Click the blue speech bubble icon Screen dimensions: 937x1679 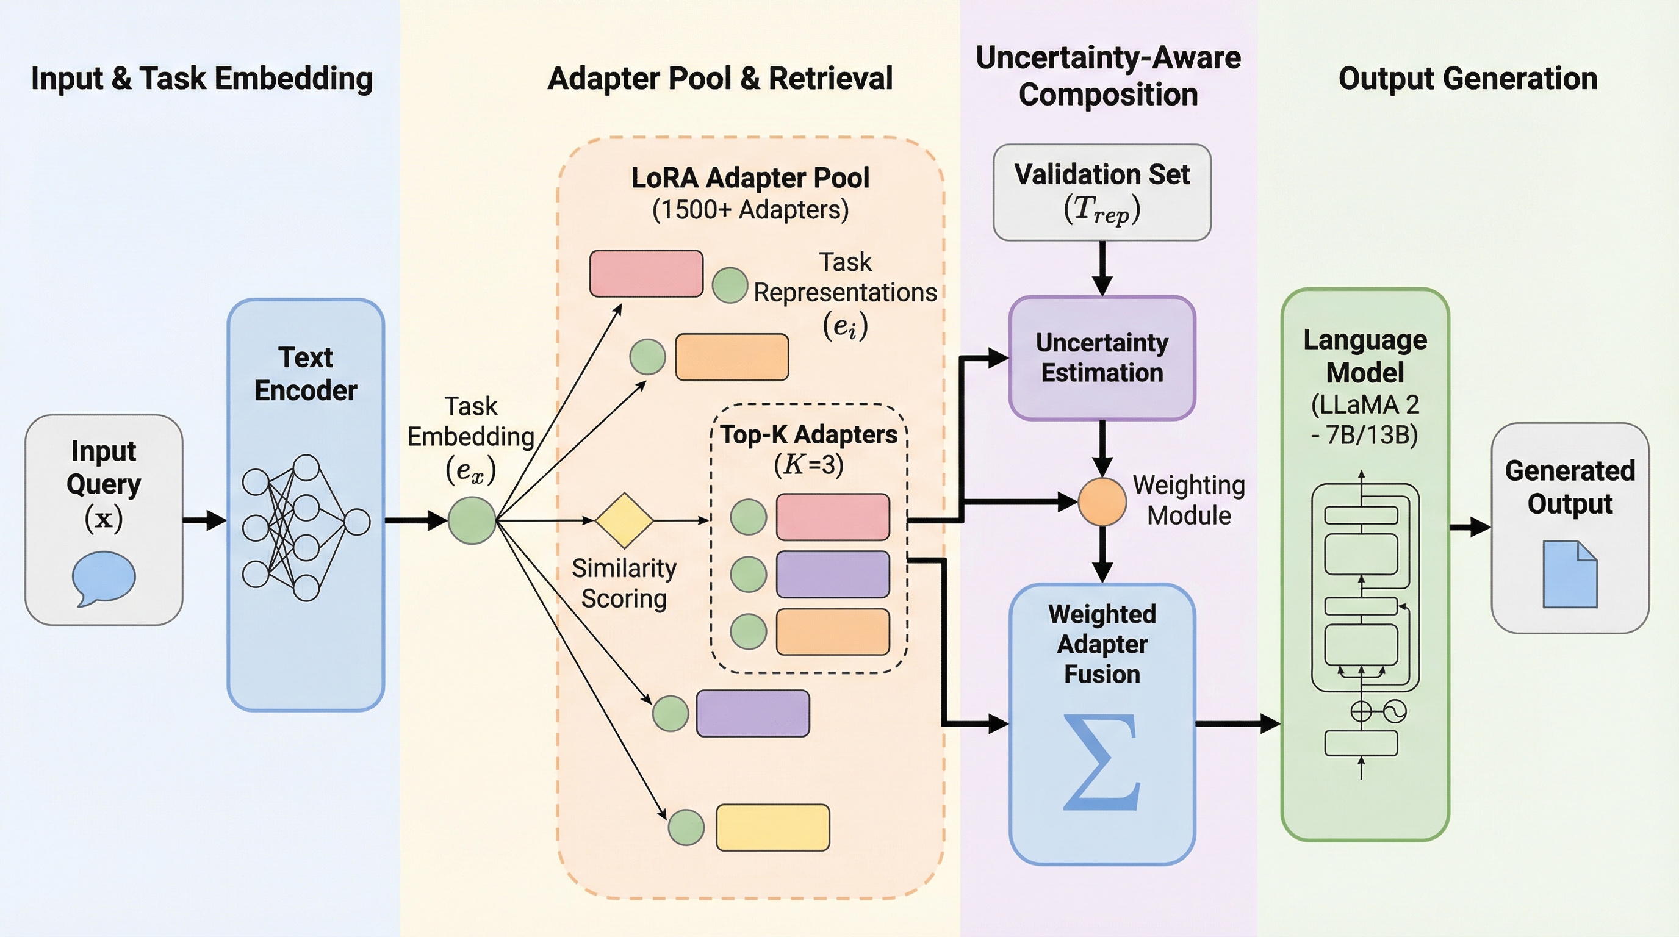[104, 576]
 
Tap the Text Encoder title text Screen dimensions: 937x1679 [306, 374]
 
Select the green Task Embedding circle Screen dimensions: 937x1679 [472, 520]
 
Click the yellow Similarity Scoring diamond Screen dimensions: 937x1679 [624, 520]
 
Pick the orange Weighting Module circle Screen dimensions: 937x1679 [1101, 501]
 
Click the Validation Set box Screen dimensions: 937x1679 [1101, 192]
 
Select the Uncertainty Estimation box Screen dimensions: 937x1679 [1101, 357]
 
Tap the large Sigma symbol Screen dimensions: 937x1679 [1101, 763]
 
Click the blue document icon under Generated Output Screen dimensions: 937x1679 [1570, 574]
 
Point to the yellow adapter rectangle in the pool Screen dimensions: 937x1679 [772, 828]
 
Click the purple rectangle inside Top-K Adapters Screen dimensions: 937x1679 [832, 574]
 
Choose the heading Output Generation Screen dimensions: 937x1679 [1468, 78]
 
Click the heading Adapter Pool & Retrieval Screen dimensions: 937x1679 [719, 78]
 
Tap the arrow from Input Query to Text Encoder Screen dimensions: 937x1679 [204, 520]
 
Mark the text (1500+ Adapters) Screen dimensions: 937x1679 [750, 210]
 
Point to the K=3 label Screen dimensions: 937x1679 [808, 465]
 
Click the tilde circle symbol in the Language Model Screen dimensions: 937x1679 [1394, 711]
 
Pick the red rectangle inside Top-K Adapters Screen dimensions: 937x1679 [832, 517]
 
